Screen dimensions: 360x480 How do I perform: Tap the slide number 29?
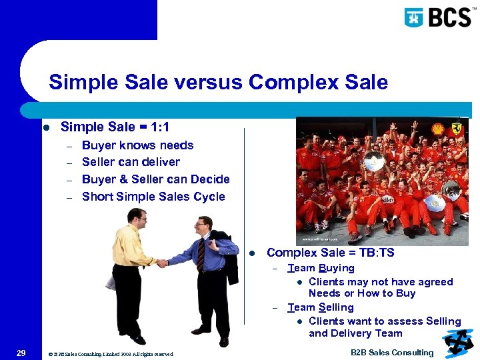pos(21,353)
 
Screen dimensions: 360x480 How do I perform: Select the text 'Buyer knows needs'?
pos(137,145)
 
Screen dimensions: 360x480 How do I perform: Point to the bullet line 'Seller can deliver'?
pos(131,162)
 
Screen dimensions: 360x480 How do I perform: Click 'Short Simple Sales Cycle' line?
pos(153,197)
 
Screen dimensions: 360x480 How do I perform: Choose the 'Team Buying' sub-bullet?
pos(321,268)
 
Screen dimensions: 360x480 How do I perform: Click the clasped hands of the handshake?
pos(161,263)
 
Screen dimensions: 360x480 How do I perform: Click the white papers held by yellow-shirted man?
pos(111,282)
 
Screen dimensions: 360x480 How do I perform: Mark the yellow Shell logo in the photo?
pos(438,129)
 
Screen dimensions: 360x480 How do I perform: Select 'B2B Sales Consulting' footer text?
pos(392,353)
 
